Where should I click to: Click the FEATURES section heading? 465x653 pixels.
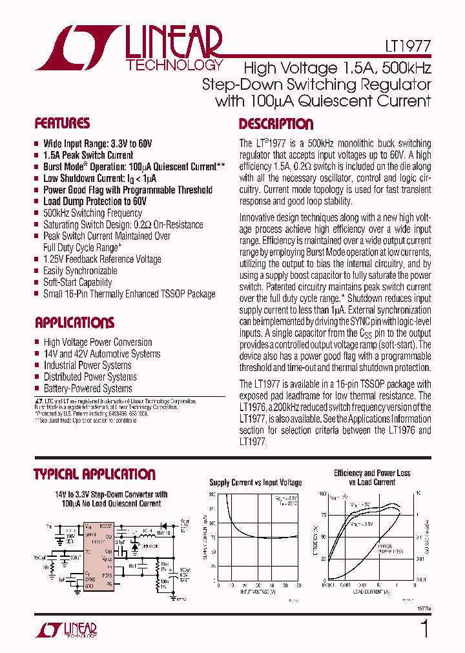(62, 123)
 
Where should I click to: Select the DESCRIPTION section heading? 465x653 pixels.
(276, 124)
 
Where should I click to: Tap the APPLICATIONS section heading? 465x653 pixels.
(74, 323)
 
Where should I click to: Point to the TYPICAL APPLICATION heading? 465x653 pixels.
(94, 474)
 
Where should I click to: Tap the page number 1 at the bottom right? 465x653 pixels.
(424, 629)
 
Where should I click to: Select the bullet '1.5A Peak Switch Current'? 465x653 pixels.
(88, 156)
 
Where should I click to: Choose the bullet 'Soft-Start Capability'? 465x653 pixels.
(77, 282)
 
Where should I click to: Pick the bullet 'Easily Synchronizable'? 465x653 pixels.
(80, 271)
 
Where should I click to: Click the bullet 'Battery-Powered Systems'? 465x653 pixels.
(88, 388)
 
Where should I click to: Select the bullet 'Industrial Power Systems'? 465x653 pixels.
(87, 365)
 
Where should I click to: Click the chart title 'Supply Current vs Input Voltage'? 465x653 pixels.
(256, 483)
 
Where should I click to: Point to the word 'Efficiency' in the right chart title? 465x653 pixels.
(348, 473)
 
